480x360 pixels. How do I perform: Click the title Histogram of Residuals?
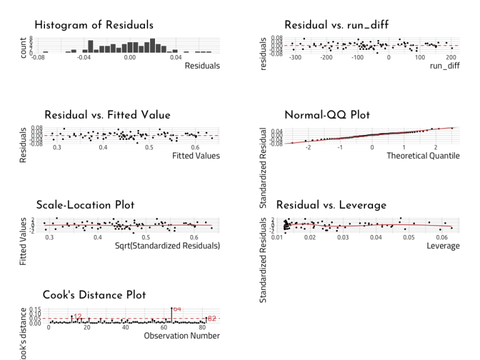(x=94, y=25)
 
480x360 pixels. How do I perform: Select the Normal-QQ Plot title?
(x=327, y=115)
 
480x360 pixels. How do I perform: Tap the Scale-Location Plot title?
(x=85, y=205)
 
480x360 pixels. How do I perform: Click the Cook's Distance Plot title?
(x=94, y=295)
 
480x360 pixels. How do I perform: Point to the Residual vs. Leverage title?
(x=331, y=205)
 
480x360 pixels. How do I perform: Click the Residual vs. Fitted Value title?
(x=107, y=115)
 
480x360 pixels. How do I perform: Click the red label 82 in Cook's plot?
(x=212, y=319)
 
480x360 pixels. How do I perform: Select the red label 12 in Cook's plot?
(x=77, y=316)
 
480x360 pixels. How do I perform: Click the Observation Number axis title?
(x=181, y=336)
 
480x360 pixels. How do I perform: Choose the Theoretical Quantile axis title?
(x=422, y=156)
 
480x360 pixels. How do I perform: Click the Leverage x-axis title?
(x=443, y=246)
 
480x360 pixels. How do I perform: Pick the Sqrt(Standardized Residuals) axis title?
(x=167, y=246)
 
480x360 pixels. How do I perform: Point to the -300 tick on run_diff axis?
(x=296, y=57)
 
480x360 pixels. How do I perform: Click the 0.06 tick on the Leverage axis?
(x=442, y=237)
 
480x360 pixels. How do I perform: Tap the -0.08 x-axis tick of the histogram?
(x=38, y=57)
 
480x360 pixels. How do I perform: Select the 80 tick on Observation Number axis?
(x=202, y=327)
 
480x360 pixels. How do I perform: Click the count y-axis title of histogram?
(x=24, y=47)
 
